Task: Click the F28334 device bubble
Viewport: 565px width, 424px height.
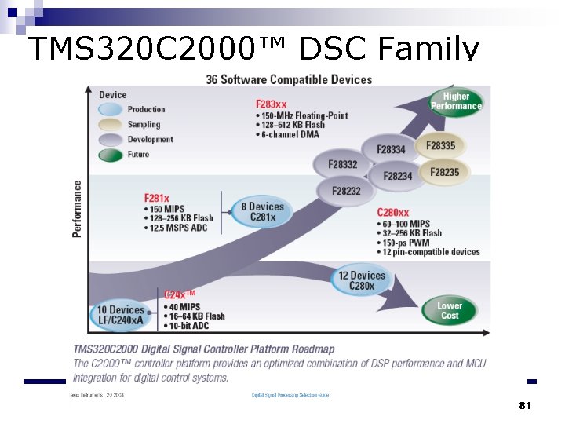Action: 390,149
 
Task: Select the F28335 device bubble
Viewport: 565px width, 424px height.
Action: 440,145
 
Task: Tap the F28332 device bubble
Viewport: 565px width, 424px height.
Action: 342,164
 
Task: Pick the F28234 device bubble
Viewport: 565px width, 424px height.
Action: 397,176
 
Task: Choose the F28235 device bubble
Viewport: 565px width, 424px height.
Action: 444,172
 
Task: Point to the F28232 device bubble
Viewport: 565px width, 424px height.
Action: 346,191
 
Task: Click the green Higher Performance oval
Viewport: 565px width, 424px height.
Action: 456,101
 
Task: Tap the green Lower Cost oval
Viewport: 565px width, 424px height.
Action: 450,310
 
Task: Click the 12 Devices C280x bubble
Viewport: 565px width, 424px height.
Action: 362,280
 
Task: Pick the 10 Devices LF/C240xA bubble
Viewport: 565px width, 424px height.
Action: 121,315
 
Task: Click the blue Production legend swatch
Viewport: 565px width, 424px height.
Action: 111,110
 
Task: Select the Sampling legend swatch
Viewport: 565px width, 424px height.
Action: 111,125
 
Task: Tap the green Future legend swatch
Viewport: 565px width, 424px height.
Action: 111,155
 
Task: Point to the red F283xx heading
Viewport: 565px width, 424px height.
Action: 271,104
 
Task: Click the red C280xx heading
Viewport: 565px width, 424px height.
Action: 392,212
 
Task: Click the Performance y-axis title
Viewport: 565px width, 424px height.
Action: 77,209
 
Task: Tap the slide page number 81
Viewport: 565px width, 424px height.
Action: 525,405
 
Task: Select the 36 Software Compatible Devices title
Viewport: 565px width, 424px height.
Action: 289,79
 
